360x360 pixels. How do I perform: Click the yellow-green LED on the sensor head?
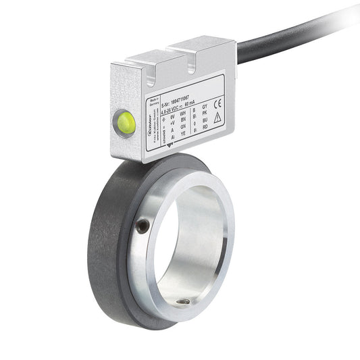[126, 121]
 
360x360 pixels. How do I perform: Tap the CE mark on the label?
[217, 103]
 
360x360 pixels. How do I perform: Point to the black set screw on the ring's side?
[143, 227]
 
